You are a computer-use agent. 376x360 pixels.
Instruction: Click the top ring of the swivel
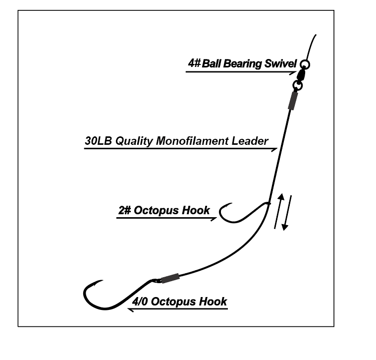305,64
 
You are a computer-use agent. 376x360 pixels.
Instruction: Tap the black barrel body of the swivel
301,76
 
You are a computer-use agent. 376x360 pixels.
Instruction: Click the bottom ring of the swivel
297,86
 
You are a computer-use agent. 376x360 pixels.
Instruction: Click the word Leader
250,141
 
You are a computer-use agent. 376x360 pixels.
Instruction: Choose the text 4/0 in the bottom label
141,301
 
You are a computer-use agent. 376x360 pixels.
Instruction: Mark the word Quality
134,141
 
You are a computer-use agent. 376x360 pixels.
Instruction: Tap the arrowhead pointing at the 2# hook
214,218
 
